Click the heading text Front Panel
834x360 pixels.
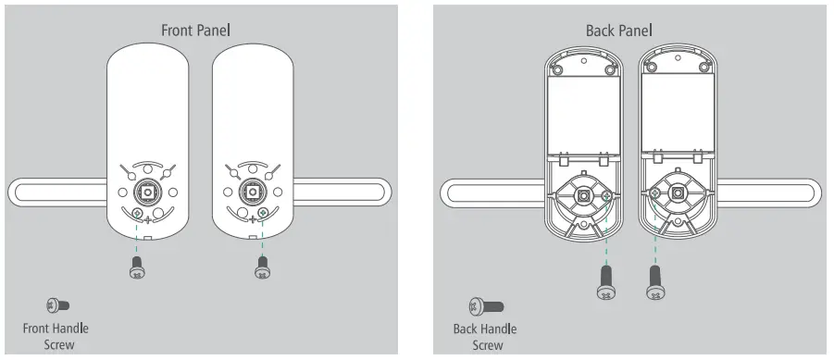point(195,31)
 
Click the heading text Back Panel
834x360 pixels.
point(618,31)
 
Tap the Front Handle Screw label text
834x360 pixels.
point(56,336)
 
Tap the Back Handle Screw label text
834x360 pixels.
point(484,337)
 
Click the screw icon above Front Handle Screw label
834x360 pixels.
point(58,305)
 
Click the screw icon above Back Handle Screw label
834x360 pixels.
point(486,306)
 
